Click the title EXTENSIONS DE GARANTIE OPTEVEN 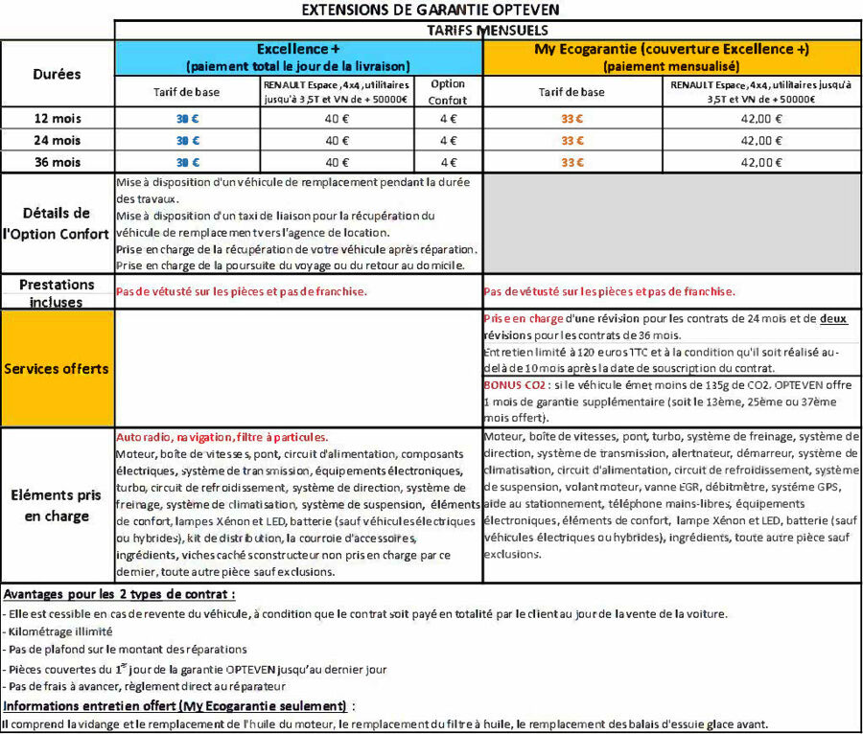point(431,10)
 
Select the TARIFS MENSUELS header point(488,30)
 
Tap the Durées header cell point(57,73)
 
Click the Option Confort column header point(448,92)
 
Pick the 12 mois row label point(57,119)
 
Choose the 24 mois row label point(57,141)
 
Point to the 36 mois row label point(57,163)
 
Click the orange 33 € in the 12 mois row point(572,119)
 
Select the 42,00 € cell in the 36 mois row point(763,163)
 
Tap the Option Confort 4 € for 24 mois point(448,141)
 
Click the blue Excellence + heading point(298,49)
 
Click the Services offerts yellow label point(57,368)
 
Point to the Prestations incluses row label point(57,292)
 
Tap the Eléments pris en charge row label point(57,505)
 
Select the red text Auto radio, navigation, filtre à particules point(222,436)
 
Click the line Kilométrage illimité point(59,631)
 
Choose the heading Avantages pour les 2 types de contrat point(119,594)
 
